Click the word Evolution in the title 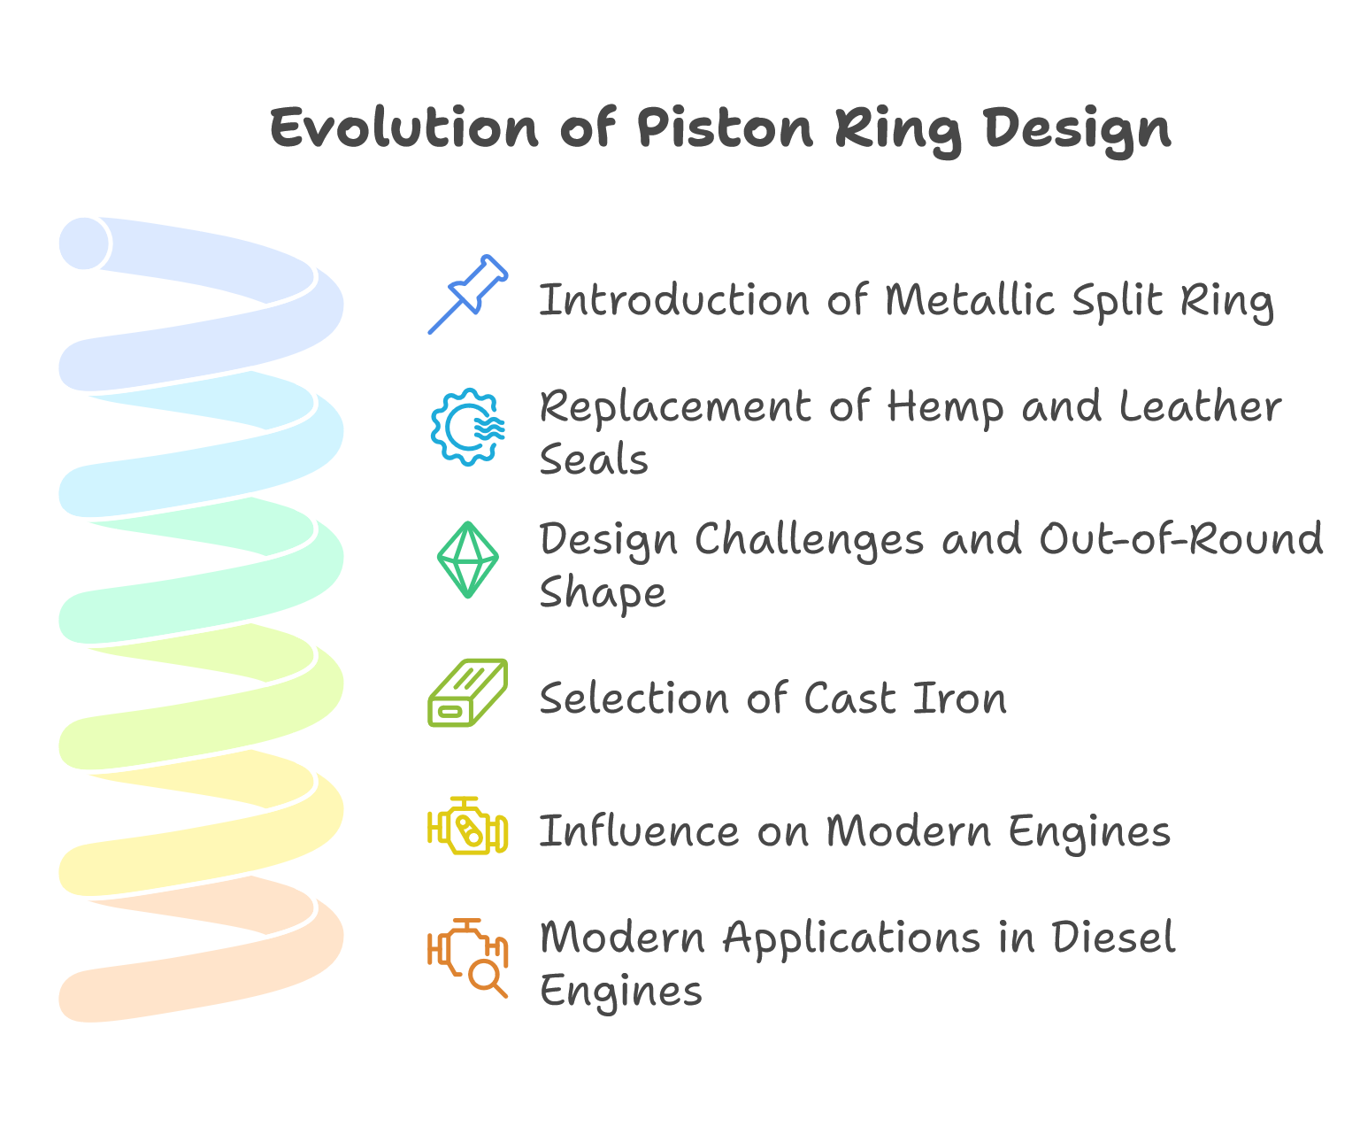click(x=403, y=128)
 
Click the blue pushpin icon click(x=468, y=294)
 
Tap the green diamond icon click(x=468, y=560)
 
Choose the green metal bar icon click(x=468, y=693)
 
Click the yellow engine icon click(x=468, y=825)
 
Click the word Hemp click(x=945, y=408)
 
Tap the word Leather click(x=1200, y=406)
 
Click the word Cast click(x=850, y=699)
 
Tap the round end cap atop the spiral click(x=85, y=243)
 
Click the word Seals click(x=594, y=459)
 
